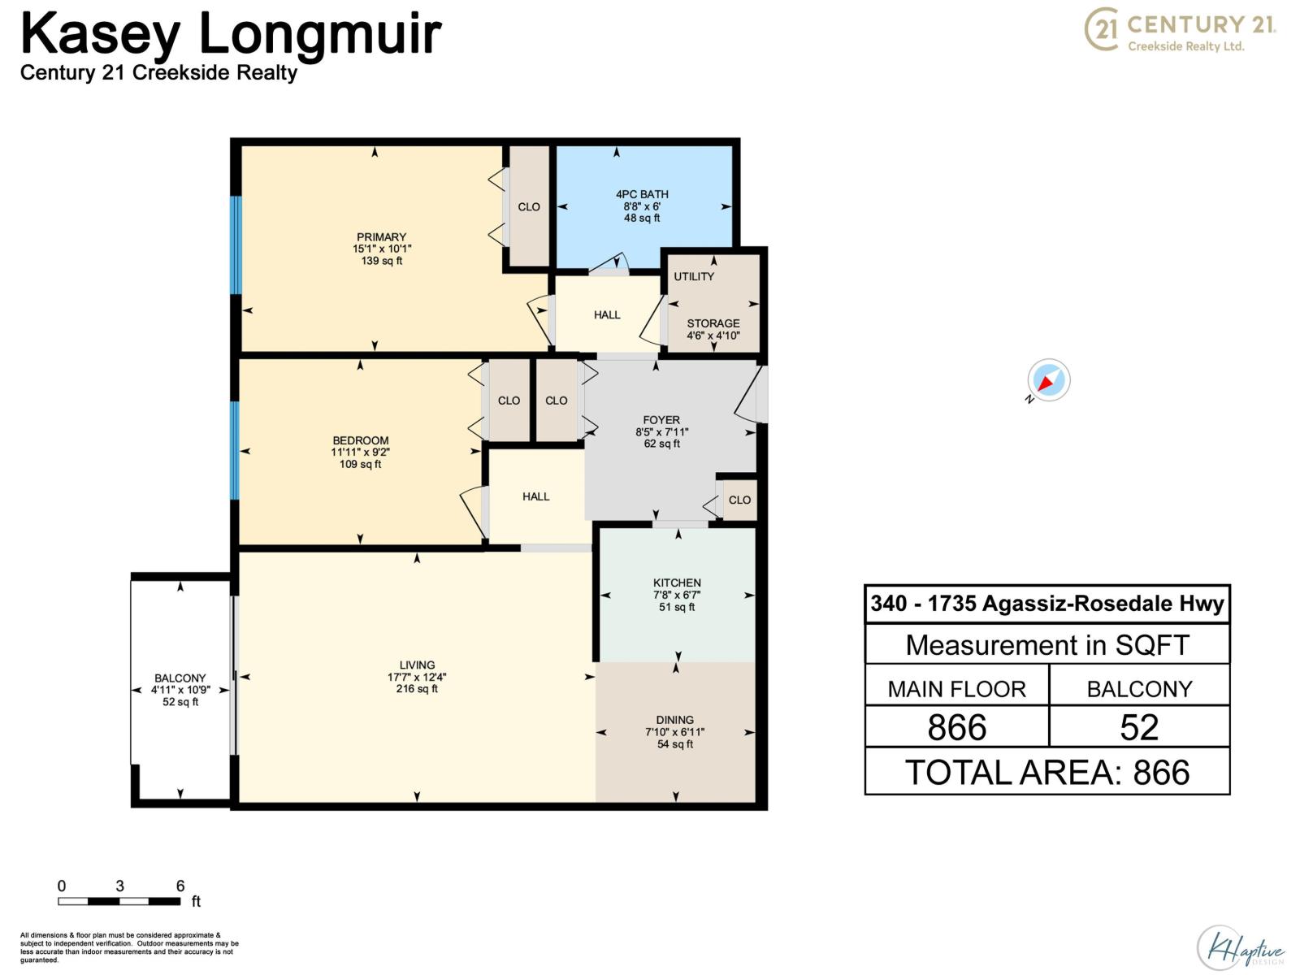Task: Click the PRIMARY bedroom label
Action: [x=381, y=237]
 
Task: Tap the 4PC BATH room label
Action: [x=642, y=194]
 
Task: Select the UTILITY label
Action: [x=694, y=276]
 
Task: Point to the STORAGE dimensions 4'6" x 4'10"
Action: [x=713, y=335]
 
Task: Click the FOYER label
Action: [x=661, y=420]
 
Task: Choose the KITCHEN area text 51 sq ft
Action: [x=677, y=607]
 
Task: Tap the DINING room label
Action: [x=674, y=720]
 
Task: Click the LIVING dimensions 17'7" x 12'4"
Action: [x=417, y=677]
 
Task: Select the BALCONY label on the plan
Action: [x=180, y=678]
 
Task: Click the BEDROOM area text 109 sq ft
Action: [x=360, y=464]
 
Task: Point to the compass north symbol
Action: [x=1048, y=380]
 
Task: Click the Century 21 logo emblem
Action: [x=1103, y=30]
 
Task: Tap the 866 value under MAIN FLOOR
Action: [x=956, y=727]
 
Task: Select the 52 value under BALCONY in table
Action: [x=1138, y=727]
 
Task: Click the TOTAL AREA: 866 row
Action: [x=1046, y=772]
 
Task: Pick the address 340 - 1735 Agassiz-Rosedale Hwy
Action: [x=1046, y=604]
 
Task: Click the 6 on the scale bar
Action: [x=180, y=886]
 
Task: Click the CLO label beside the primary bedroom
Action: [x=529, y=206]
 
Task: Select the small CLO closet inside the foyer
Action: [x=739, y=500]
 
